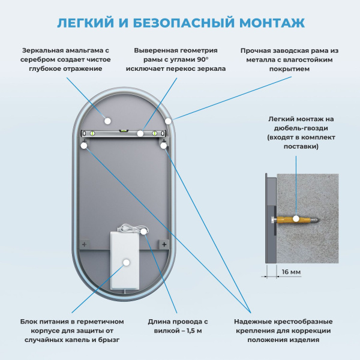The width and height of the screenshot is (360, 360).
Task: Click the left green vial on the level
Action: point(93,133)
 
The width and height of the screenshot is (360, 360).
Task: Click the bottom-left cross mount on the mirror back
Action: point(85,244)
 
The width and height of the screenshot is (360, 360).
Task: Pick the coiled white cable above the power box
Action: point(129,229)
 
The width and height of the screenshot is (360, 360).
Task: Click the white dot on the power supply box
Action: point(126,262)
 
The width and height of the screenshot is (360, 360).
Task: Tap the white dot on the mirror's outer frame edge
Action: point(169,121)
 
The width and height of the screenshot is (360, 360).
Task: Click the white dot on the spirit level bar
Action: point(140,133)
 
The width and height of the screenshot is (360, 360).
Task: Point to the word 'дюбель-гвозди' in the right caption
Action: point(293,128)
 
